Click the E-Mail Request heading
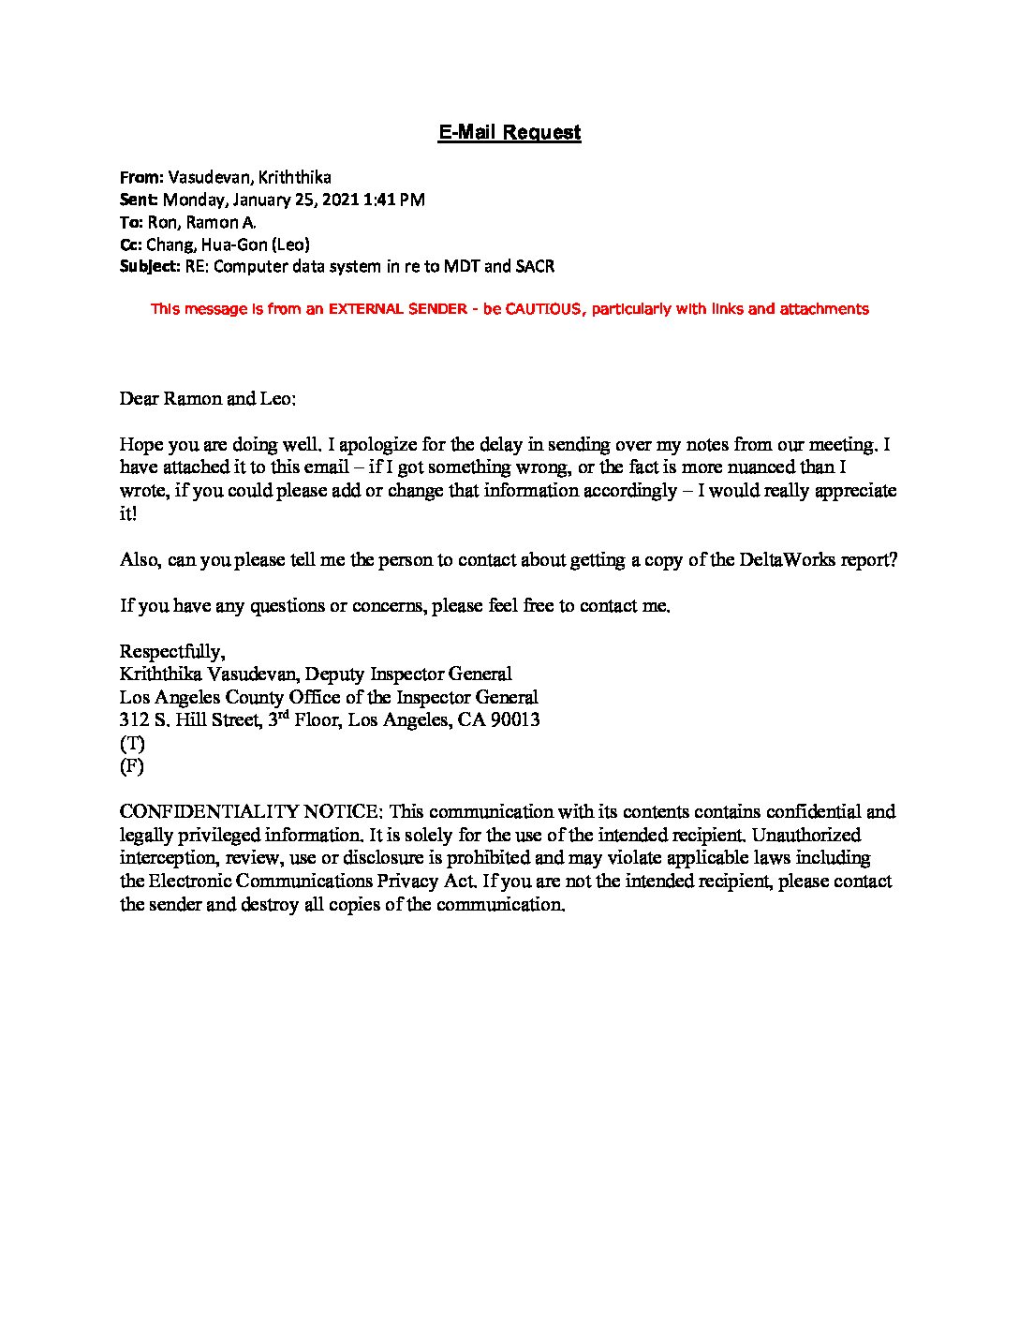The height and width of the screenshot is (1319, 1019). [x=509, y=132]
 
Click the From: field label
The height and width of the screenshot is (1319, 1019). [x=141, y=177]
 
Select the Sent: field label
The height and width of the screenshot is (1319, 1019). [x=140, y=200]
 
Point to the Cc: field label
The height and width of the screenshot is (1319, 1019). [x=131, y=245]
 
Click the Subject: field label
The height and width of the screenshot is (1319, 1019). [x=149, y=267]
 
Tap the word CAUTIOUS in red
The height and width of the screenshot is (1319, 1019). [x=546, y=309]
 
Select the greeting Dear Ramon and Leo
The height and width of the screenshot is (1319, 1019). [x=208, y=399]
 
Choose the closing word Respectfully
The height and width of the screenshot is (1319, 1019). [x=172, y=652]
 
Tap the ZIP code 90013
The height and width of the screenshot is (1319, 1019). [x=513, y=720]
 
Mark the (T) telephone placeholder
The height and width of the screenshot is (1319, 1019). [x=132, y=744]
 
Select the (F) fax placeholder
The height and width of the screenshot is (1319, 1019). [x=132, y=766]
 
